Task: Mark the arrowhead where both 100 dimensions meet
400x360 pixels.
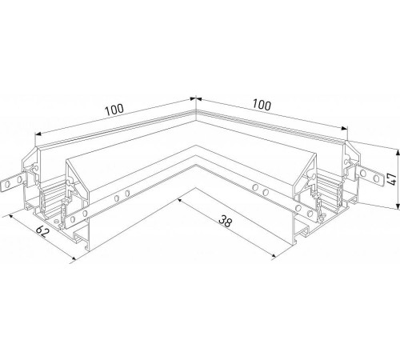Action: tap(195, 98)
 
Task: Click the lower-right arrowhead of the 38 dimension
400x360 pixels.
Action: tap(274, 256)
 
